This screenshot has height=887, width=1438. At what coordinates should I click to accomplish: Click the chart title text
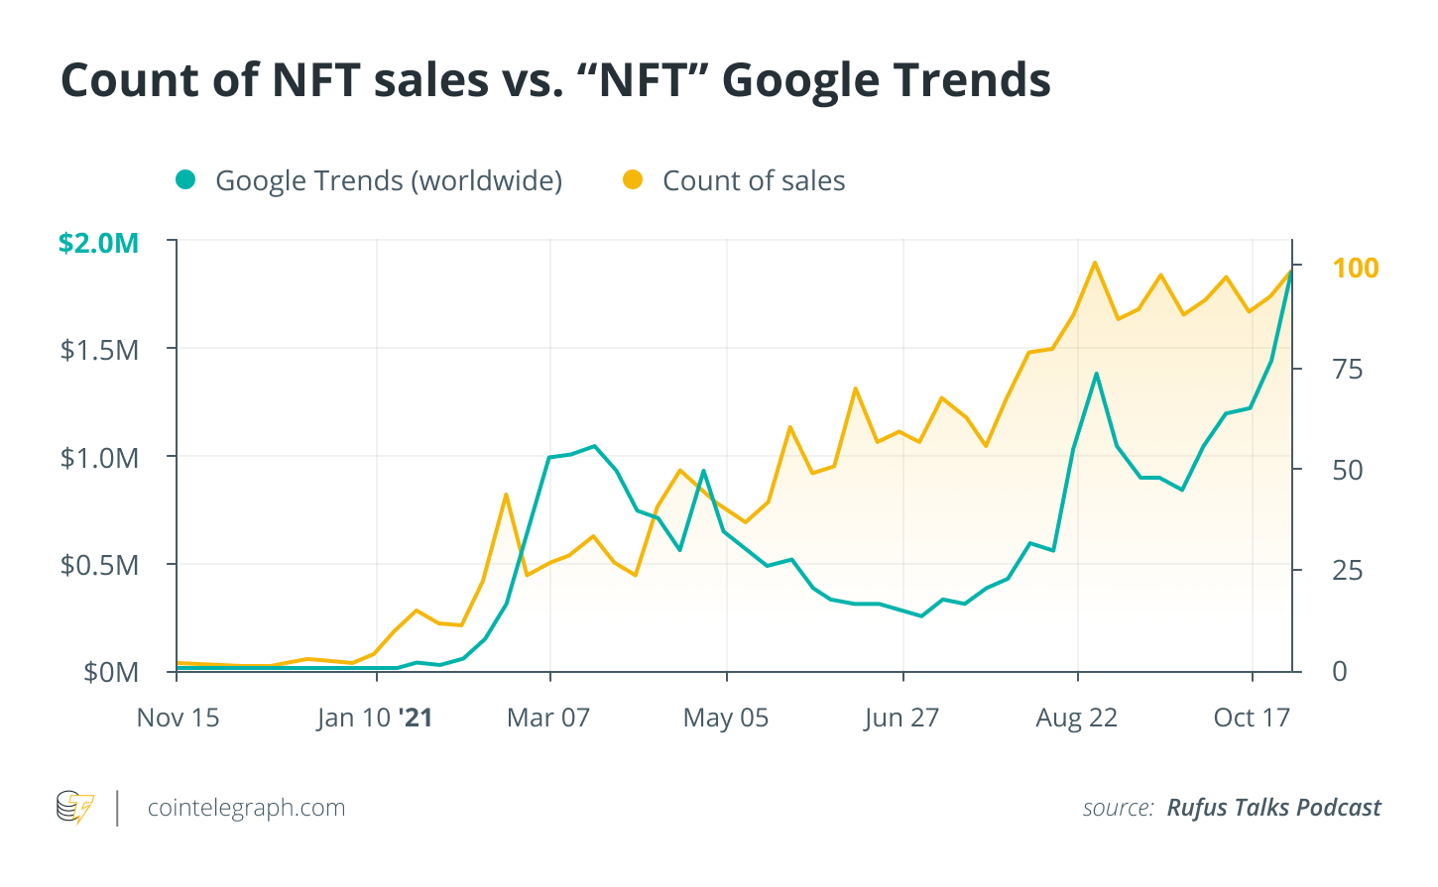pos(555,79)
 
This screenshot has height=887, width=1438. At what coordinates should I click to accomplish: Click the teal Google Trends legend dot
pos(185,179)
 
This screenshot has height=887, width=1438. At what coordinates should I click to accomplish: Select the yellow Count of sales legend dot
pos(633,179)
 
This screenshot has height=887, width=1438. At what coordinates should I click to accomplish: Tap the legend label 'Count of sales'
pos(754,180)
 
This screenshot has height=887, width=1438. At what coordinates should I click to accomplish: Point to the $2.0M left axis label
pos(98,243)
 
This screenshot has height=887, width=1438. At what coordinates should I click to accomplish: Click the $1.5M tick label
pos(100,350)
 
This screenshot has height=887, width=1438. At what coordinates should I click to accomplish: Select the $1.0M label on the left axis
pos(100,458)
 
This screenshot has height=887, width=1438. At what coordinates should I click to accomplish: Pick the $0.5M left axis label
pos(100,565)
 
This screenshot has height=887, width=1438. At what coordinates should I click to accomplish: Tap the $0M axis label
pos(111,672)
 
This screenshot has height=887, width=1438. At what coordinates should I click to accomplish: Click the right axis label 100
pos(1355,268)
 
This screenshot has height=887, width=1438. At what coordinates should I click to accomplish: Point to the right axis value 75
pos(1348,370)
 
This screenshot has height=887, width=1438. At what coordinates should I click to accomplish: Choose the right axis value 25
pos(1348,571)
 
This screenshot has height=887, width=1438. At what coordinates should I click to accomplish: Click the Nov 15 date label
pos(178,718)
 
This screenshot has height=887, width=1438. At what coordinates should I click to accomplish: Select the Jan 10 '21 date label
pos(375,718)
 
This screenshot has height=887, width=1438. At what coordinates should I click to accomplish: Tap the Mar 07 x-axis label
pos(548,718)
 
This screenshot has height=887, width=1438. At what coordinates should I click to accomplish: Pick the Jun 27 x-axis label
pos(901,718)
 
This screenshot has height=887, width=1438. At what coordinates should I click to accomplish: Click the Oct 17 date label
pos(1252,718)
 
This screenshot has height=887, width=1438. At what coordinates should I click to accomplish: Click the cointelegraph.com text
pos(246,808)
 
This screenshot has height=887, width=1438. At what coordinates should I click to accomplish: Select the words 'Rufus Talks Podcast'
pos(1273,808)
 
